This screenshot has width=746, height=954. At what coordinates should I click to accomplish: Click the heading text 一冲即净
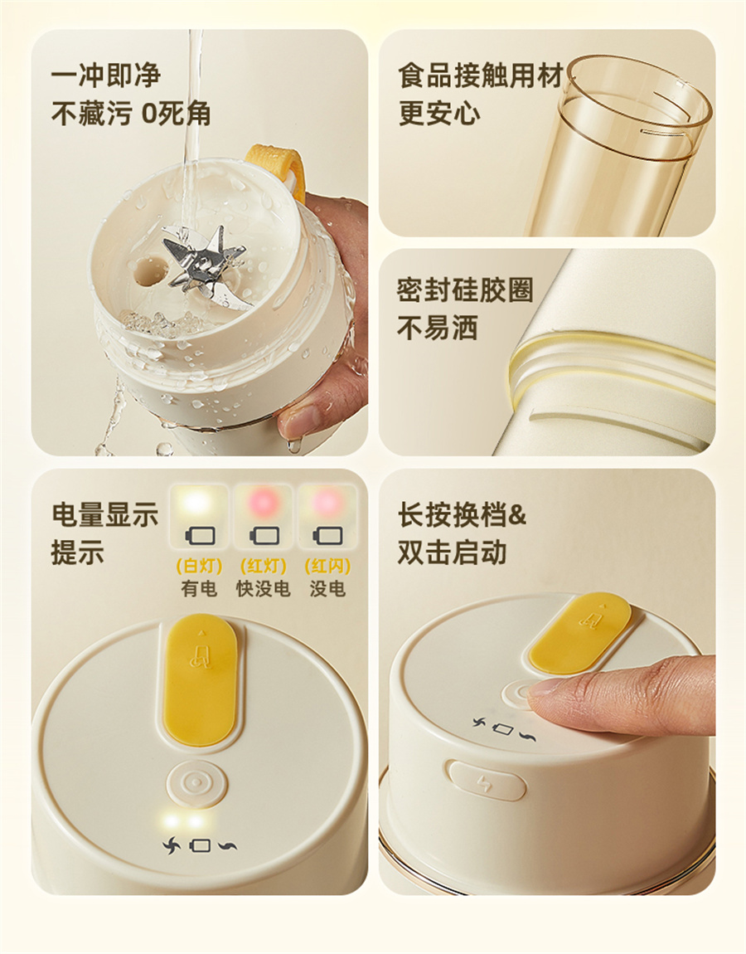click(x=106, y=75)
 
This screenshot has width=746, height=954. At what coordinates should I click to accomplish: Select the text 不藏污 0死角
click(x=131, y=113)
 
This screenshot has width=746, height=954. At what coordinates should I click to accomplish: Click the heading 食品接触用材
click(x=481, y=75)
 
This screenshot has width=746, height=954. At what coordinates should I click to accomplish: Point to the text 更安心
click(x=439, y=113)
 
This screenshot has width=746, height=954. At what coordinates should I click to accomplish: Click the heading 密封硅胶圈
click(x=465, y=290)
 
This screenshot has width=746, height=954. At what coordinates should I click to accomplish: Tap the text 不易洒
click(x=438, y=328)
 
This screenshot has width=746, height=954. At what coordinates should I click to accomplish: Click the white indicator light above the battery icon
click(x=198, y=503)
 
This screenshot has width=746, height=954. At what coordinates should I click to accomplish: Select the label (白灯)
click(x=199, y=566)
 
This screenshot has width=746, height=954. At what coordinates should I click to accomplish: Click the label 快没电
click(x=264, y=588)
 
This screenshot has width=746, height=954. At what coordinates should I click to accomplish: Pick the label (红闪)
click(x=327, y=566)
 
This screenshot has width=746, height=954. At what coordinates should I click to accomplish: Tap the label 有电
click(x=199, y=588)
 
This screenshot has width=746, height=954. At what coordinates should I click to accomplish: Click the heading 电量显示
click(x=104, y=514)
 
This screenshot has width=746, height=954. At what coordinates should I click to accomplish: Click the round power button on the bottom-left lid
click(x=196, y=781)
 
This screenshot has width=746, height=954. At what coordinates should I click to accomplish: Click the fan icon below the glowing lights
click(x=172, y=845)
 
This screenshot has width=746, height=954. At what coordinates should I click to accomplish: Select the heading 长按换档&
click(x=462, y=514)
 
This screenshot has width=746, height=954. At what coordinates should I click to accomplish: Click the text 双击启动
click(x=453, y=552)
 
